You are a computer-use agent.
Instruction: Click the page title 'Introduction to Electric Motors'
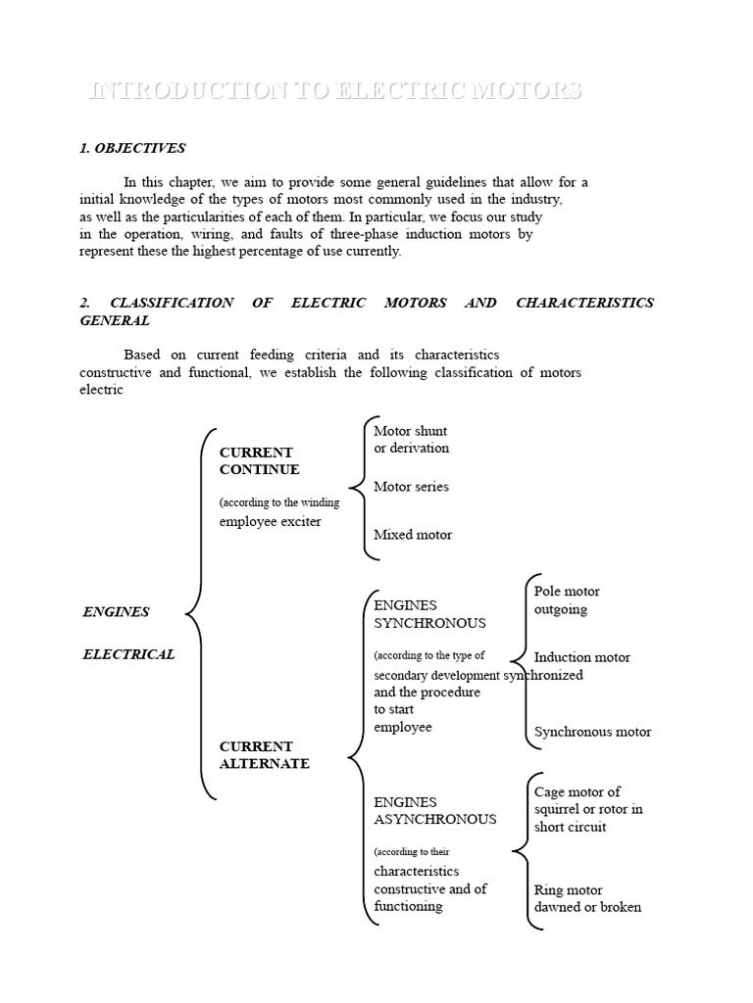[335, 91]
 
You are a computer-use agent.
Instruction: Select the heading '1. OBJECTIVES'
[132, 149]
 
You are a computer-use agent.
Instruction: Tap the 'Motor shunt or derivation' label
[412, 440]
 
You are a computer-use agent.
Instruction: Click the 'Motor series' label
[412, 487]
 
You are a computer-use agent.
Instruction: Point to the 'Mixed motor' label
[413, 535]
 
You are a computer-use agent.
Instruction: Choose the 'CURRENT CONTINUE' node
[260, 461]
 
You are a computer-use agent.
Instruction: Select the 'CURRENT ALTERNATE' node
[264, 755]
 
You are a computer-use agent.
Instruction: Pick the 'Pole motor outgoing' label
[567, 600]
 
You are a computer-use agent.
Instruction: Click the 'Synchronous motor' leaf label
[592, 732]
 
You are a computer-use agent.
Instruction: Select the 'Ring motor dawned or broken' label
[587, 898]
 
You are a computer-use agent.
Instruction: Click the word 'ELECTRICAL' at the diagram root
[128, 654]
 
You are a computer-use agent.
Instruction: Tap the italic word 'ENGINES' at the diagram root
[116, 612]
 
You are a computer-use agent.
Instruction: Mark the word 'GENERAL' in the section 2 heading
[115, 320]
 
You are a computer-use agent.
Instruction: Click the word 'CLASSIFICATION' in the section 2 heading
[172, 303]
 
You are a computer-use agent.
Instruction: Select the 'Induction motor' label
[582, 657]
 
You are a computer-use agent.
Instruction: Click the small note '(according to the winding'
[279, 502]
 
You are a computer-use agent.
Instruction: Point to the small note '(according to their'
[412, 852]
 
